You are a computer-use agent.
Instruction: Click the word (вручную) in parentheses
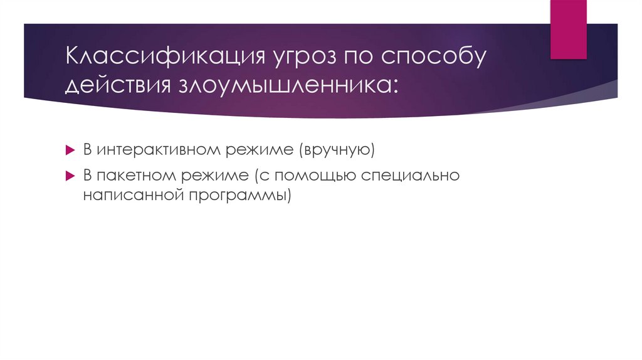click(x=337, y=151)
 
